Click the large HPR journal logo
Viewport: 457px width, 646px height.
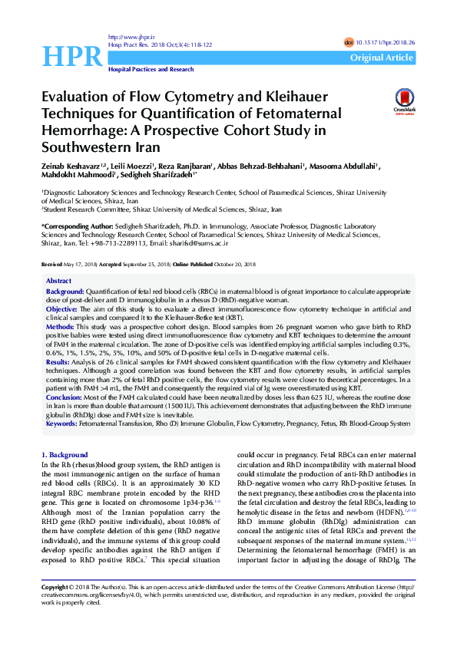click(x=71, y=56)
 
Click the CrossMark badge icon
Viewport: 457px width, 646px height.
click(x=403, y=101)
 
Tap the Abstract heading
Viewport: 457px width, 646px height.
click(x=59, y=282)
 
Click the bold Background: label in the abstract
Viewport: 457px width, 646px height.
click(x=65, y=292)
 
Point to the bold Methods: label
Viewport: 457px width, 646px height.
click(x=61, y=325)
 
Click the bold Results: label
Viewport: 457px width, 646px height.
click(x=58, y=360)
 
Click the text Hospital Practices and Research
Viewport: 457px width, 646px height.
click(x=151, y=69)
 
